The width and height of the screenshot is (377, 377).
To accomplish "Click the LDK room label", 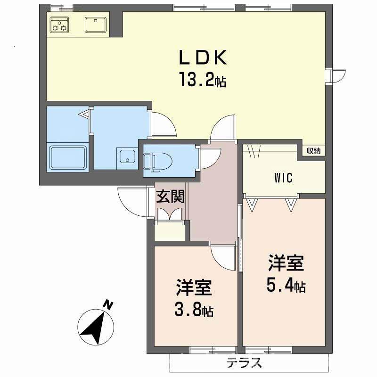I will (202, 57).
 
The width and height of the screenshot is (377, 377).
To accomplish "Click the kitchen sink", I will (96, 24).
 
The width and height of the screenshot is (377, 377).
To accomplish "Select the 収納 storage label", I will (313, 151).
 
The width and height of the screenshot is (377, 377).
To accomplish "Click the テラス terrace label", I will (244, 363).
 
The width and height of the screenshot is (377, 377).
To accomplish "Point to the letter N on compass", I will (108, 305).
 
